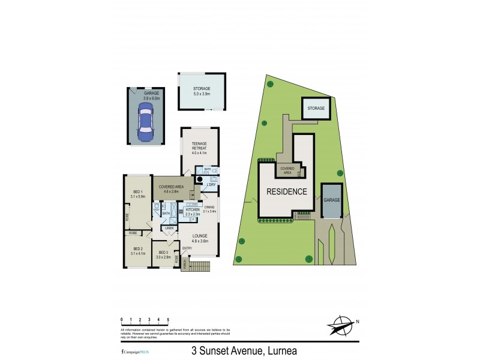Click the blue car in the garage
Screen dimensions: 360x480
(x=146, y=122)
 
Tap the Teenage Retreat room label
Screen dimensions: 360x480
(x=199, y=146)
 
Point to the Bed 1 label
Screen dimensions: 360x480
(x=138, y=192)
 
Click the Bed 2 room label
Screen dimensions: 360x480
(x=138, y=249)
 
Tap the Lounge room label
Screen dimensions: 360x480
(x=199, y=239)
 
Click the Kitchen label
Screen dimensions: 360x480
(x=192, y=210)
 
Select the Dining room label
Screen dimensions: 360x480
(x=209, y=208)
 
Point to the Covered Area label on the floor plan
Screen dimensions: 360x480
(x=171, y=187)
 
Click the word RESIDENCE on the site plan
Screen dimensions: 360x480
(x=287, y=192)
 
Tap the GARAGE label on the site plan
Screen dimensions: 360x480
(x=331, y=200)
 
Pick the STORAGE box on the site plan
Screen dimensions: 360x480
(x=316, y=109)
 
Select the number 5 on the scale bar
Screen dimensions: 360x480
(x=168, y=319)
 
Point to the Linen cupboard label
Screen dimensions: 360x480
(x=170, y=228)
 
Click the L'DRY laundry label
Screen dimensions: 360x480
(x=211, y=184)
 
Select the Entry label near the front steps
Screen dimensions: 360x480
(x=187, y=248)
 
